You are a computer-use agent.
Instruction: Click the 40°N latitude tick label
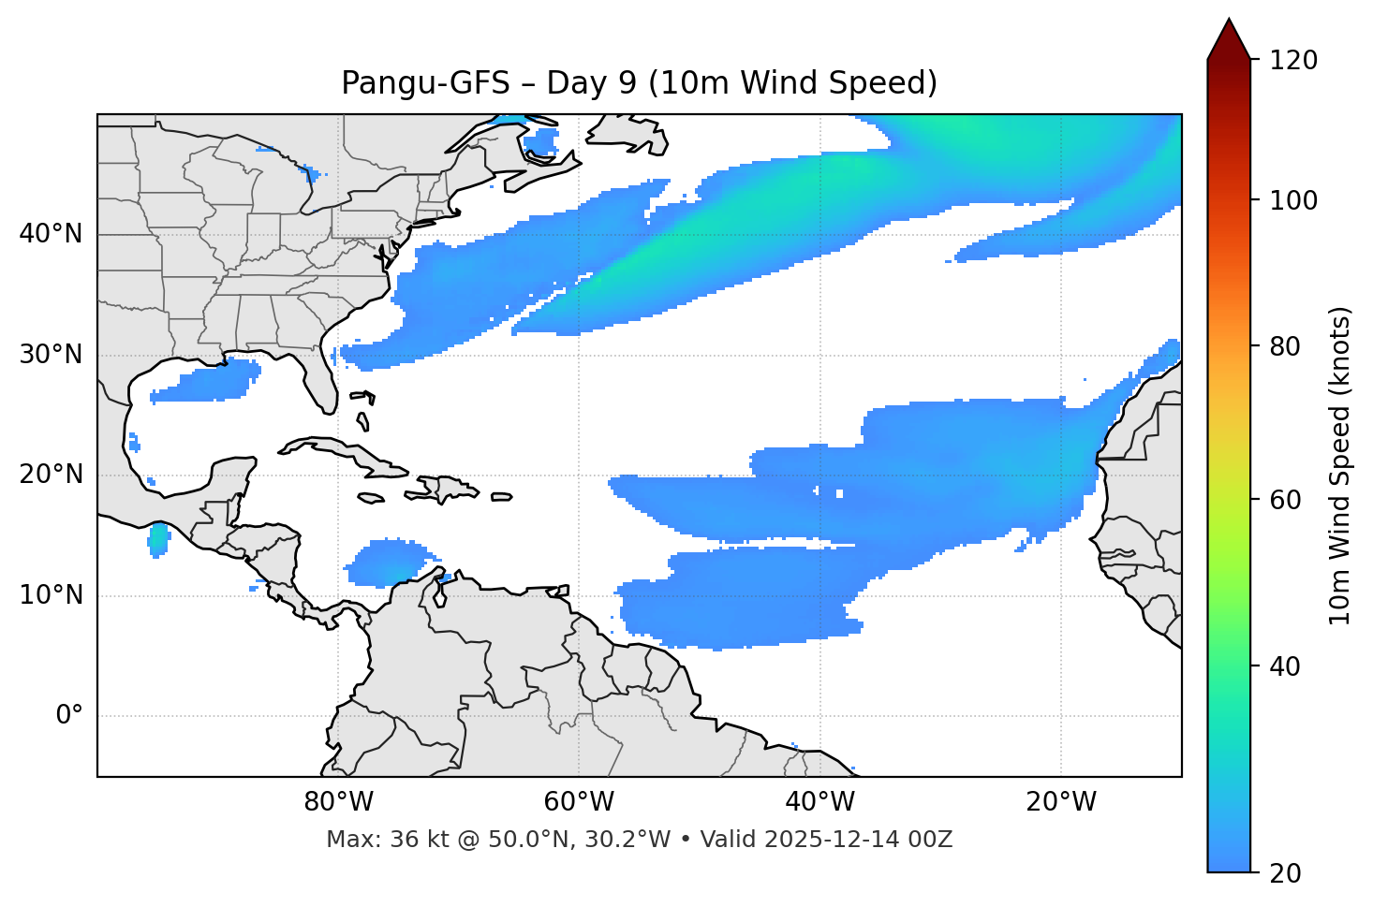click(x=51, y=234)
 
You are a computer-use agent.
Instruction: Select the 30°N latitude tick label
click(x=51, y=355)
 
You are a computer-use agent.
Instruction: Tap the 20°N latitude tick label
click(x=51, y=475)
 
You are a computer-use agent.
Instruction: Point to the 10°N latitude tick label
click(x=51, y=595)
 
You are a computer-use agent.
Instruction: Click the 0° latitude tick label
click(x=69, y=716)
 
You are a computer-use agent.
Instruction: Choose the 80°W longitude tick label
click(x=338, y=802)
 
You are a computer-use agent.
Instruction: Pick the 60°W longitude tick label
click(x=579, y=802)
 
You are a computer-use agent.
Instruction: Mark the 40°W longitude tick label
click(x=820, y=802)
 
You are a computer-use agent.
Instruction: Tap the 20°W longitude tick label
click(x=1061, y=802)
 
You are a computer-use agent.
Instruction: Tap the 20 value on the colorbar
click(x=1285, y=872)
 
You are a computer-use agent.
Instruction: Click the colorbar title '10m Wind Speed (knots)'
click(x=1340, y=466)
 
